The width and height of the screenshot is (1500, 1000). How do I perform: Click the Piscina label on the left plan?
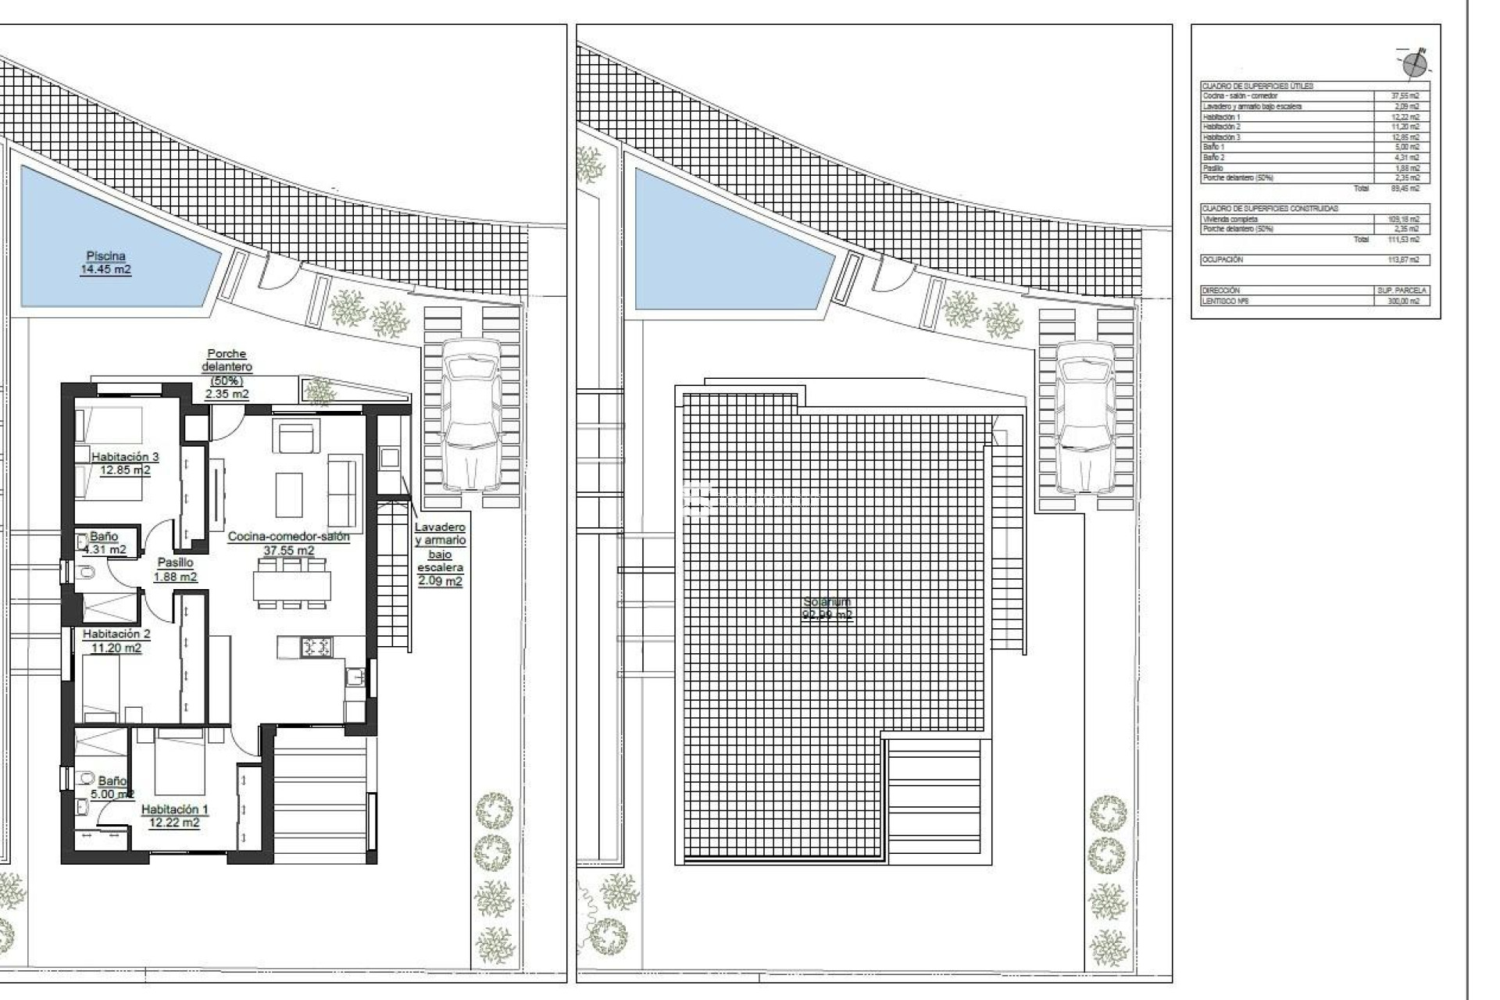tap(105, 262)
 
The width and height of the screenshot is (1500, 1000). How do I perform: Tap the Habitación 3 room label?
tap(125, 463)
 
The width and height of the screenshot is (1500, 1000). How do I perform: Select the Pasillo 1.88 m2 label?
tap(175, 570)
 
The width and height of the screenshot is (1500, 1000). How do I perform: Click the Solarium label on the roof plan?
tap(827, 608)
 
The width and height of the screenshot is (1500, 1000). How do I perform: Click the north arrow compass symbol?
tap(1414, 64)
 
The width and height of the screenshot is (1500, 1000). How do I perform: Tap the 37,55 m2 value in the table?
tap(1405, 96)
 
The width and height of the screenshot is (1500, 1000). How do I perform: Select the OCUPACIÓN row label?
tap(1222, 259)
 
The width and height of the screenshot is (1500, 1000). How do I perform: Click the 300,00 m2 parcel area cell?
tap(1405, 301)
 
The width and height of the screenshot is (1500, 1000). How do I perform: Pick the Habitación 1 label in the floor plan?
tap(174, 816)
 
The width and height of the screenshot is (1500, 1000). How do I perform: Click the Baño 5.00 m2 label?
tap(112, 787)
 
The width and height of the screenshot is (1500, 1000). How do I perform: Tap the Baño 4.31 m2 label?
tap(104, 542)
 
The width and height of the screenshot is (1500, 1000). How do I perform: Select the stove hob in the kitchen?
tap(316, 647)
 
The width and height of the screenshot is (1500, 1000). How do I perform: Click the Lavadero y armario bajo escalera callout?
tap(440, 554)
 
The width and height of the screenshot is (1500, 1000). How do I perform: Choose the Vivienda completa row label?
tap(1230, 220)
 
